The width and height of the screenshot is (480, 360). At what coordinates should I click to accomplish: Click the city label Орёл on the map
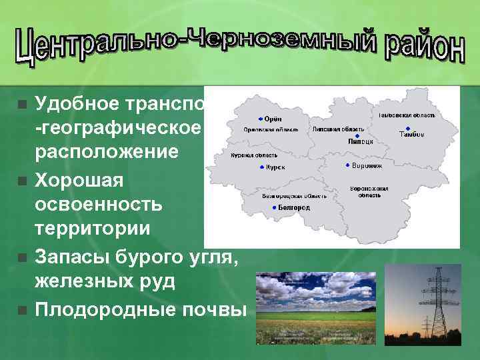pos(273,119)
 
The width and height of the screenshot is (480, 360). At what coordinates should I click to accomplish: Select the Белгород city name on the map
pos(295,208)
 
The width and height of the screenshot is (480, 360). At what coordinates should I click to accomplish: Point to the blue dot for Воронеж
pos(347,165)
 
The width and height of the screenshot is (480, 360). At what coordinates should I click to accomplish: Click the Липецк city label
pos(360,142)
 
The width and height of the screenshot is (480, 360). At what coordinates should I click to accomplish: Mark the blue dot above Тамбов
pos(407,128)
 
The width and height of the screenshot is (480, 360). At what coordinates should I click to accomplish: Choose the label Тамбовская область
pos(407,115)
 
